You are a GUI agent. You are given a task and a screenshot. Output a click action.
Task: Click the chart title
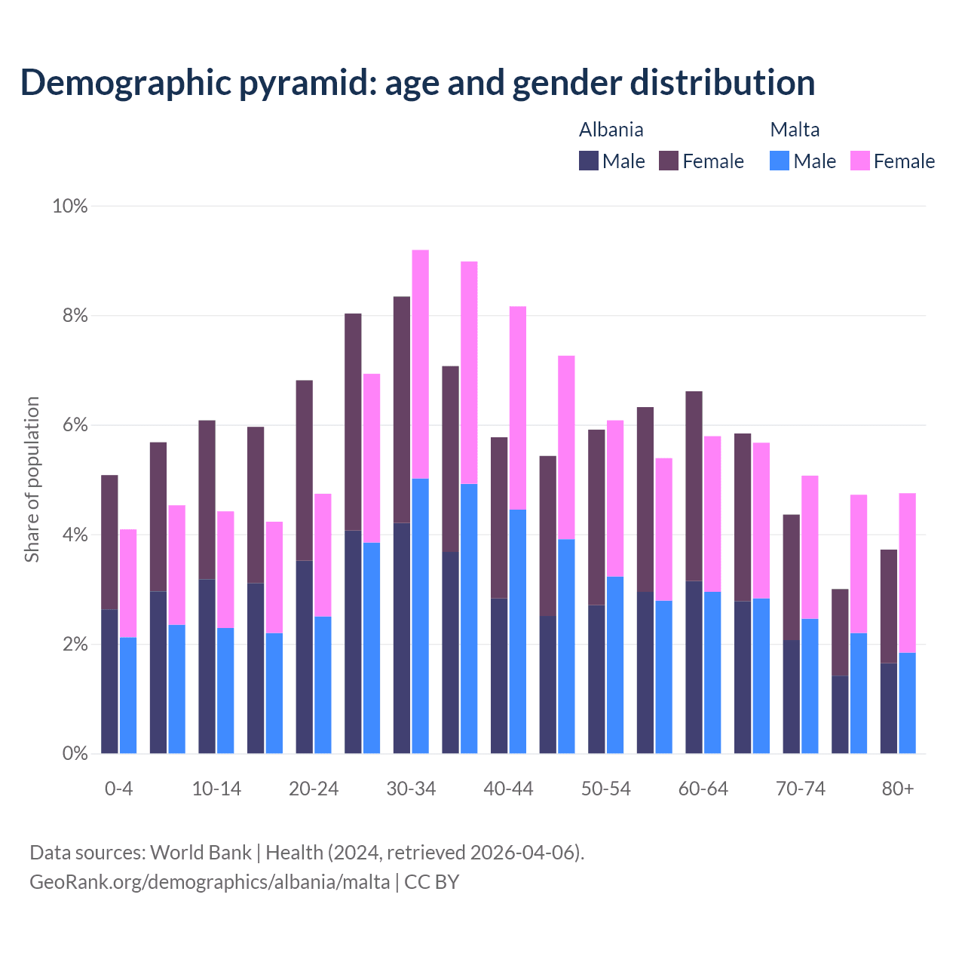coord(417,82)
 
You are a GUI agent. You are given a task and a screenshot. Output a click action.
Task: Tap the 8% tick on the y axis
coord(75,316)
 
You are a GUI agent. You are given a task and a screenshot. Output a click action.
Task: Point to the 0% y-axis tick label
coord(75,754)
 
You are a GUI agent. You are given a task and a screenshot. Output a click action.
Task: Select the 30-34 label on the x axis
coord(411,789)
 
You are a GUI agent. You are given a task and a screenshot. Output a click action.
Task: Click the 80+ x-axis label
coord(897,789)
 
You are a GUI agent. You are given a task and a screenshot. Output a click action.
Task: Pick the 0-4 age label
coord(118,789)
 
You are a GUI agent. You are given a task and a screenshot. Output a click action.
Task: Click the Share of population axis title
coord(32,479)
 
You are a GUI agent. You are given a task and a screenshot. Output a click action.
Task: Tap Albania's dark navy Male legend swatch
coord(589,161)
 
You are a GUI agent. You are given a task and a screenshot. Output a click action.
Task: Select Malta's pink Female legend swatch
coord(860,161)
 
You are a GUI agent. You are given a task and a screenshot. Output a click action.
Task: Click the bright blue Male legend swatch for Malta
coord(780,161)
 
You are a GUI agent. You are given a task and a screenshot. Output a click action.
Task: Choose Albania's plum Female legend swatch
coord(669,161)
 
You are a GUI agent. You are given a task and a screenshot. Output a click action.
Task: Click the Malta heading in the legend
coord(795,130)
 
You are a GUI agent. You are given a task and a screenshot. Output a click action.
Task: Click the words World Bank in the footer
coord(201,853)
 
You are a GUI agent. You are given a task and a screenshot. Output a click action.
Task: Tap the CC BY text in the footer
coord(431,882)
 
